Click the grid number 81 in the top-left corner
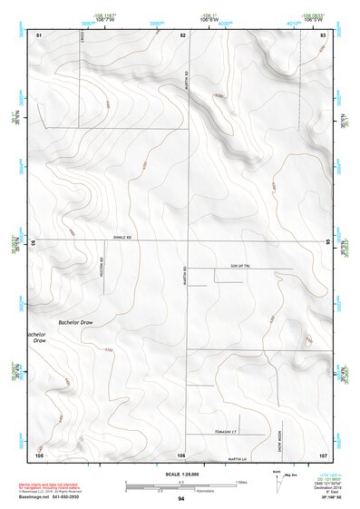pos(39,34)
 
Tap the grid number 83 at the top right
pos(323,34)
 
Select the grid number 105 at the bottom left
pos(39,453)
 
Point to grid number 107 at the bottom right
pos(323,453)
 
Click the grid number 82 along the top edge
pos(183,34)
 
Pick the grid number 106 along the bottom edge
pos(181,453)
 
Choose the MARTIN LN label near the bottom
pos(238,458)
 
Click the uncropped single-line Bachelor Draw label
pos(75,322)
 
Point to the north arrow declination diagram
pos(276,479)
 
